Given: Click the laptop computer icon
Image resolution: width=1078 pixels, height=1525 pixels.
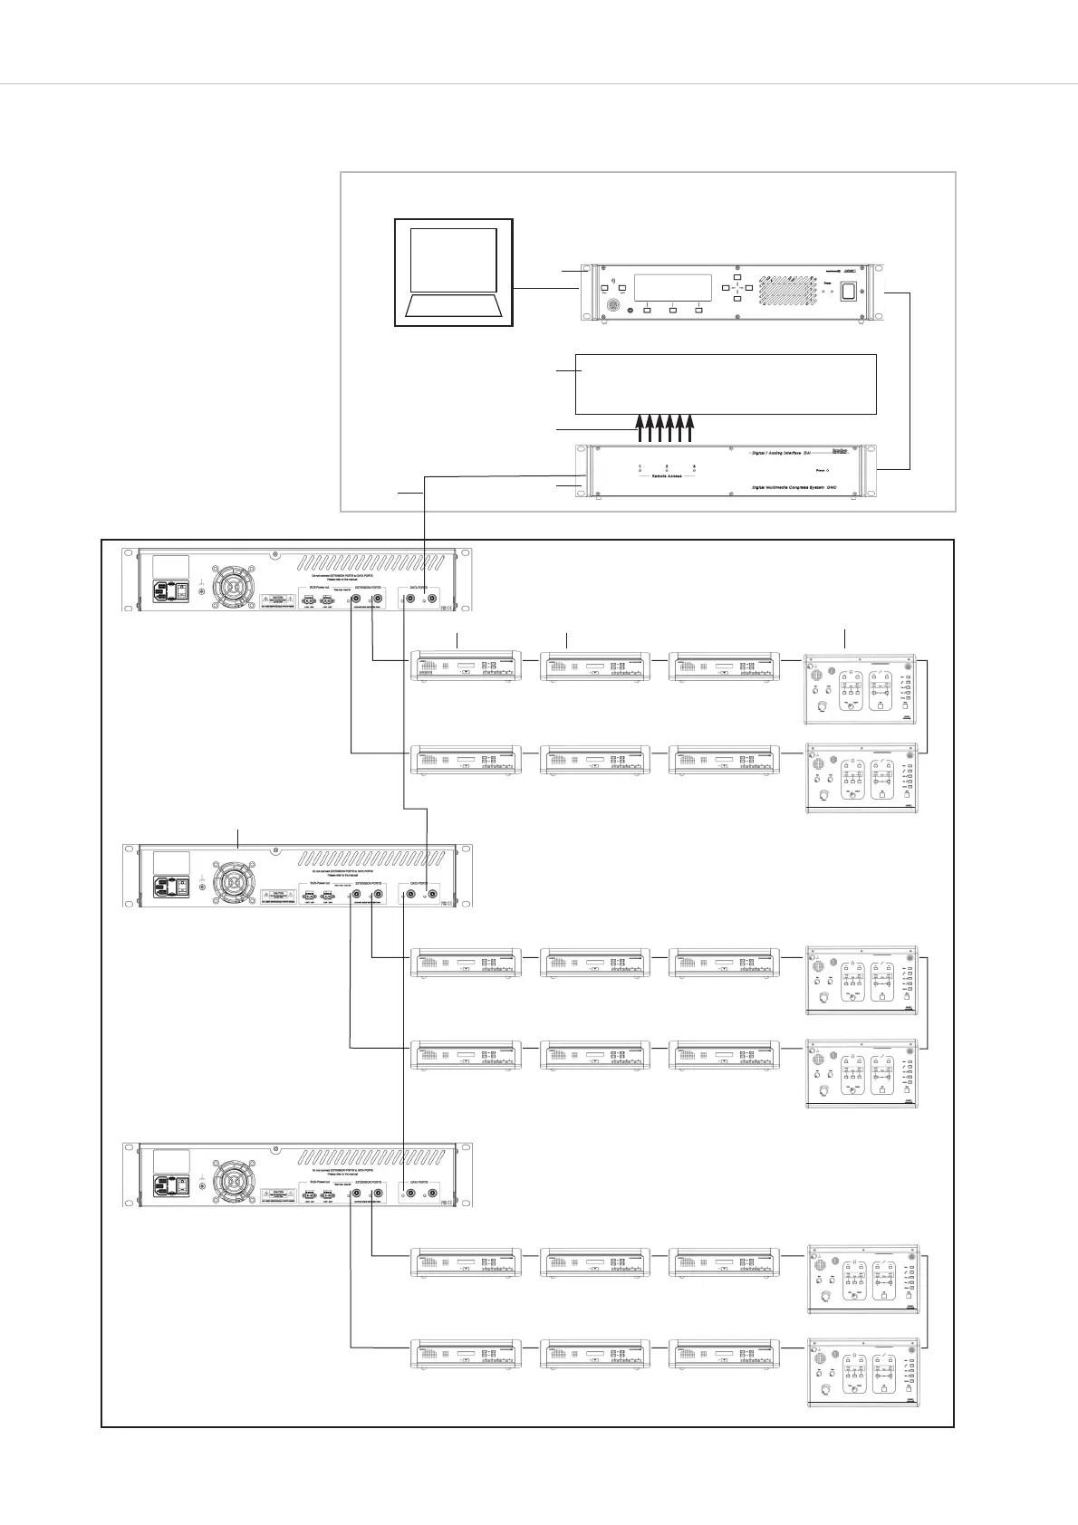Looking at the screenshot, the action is (x=454, y=272).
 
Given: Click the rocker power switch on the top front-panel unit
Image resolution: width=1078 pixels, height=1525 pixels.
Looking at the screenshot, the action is (x=849, y=292).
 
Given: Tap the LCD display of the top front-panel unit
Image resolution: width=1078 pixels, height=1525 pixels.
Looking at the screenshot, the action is (x=671, y=288).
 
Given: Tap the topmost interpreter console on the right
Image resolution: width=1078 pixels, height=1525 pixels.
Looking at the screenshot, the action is (x=861, y=688).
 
